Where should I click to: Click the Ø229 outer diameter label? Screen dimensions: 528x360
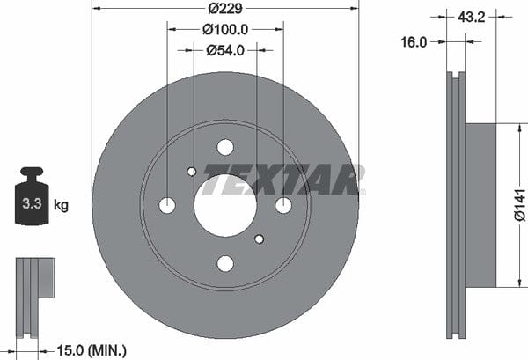click(x=225, y=9)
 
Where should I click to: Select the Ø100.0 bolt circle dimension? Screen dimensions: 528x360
click(x=225, y=30)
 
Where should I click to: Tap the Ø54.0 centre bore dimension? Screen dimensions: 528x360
click(x=225, y=50)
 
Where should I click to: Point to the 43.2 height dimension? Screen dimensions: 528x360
click(x=472, y=17)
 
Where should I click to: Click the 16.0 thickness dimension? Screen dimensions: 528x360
click(x=414, y=42)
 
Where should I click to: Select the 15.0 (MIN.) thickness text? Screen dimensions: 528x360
click(x=92, y=350)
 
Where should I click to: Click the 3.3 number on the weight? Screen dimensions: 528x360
click(x=32, y=203)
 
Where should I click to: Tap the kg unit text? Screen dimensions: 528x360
click(x=61, y=204)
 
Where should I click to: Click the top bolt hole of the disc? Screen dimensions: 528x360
click(x=225, y=147)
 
